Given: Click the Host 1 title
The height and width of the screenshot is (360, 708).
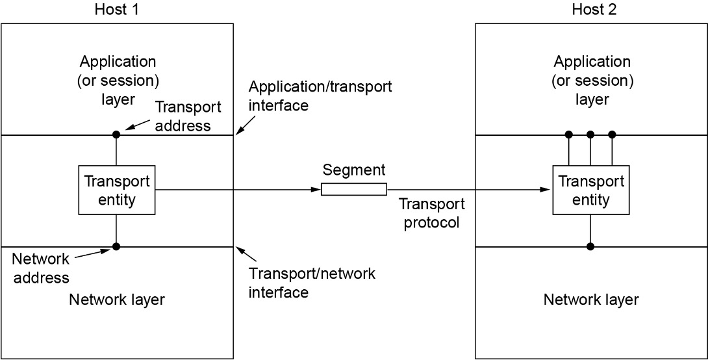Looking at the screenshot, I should click(117, 10).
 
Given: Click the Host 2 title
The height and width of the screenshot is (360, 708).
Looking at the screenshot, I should click(591, 10).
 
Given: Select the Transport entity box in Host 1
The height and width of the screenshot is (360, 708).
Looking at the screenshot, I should click(117, 190).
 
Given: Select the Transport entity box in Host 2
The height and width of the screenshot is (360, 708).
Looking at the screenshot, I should click(590, 190).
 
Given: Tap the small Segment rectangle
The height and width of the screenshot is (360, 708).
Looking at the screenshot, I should click(354, 189).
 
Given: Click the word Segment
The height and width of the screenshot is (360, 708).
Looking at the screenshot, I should click(354, 170).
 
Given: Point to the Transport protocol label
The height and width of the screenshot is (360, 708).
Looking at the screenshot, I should click(429, 213).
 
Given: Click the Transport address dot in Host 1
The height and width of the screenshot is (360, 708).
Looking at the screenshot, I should click(116, 135).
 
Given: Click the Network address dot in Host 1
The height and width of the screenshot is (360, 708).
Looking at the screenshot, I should click(116, 246).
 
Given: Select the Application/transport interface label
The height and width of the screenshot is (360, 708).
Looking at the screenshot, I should click(320, 96).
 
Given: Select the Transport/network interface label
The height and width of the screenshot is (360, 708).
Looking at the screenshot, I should click(312, 283).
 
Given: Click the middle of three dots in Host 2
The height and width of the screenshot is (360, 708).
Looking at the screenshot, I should click(590, 135).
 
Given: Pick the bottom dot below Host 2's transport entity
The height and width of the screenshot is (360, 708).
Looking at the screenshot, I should click(590, 246).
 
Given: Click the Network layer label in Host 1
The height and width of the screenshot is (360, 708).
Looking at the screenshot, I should click(117, 300).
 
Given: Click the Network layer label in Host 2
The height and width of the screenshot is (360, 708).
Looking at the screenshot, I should click(591, 300).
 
